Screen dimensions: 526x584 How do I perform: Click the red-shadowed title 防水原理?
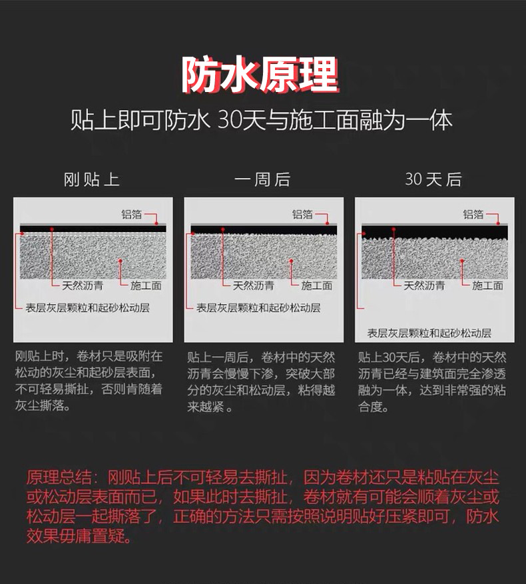(260, 75)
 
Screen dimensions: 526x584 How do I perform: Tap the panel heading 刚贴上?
(92, 179)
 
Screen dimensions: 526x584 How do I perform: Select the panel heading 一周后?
(262, 179)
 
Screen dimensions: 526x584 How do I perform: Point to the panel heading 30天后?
(433, 179)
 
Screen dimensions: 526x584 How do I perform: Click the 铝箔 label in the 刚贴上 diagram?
(131, 214)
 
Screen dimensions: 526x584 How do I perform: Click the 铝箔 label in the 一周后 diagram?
(302, 214)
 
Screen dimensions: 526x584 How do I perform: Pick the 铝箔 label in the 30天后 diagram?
(473, 214)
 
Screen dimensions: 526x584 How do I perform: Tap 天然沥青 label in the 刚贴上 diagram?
(83, 286)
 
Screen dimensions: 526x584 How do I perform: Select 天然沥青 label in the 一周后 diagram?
(253, 286)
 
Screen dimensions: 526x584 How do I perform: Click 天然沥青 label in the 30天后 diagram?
(424, 286)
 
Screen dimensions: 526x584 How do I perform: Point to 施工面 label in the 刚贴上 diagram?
(146, 286)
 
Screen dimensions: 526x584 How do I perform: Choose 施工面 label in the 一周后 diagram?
(316, 286)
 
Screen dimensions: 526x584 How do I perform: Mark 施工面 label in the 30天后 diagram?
(487, 286)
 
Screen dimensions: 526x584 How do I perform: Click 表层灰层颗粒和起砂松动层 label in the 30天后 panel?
(429, 333)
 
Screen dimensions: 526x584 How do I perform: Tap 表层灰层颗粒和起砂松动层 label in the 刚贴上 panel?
(87, 307)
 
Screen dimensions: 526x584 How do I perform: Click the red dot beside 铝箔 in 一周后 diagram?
(328, 223)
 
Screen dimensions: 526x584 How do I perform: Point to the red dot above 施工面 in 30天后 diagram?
(462, 261)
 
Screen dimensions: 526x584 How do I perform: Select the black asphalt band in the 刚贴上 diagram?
(93, 229)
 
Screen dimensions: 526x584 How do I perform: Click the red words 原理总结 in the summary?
(59, 477)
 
